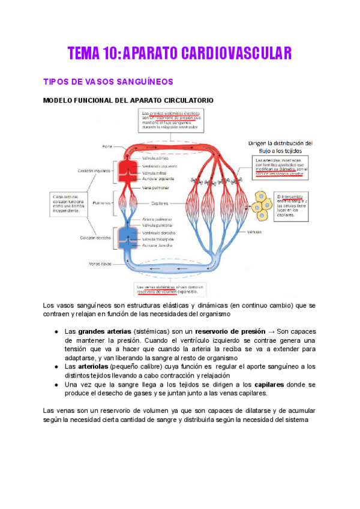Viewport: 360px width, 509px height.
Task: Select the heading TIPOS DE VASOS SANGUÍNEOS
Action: (x=108, y=81)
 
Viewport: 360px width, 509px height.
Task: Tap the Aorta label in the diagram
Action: (x=108, y=146)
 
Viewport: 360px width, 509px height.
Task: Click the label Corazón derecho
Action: (x=94, y=237)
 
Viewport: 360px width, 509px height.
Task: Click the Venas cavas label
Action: (x=101, y=263)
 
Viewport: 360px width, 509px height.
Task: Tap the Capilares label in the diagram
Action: (x=160, y=203)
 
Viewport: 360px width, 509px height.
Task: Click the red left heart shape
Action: (x=128, y=170)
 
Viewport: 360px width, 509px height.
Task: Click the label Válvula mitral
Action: (x=154, y=172)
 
